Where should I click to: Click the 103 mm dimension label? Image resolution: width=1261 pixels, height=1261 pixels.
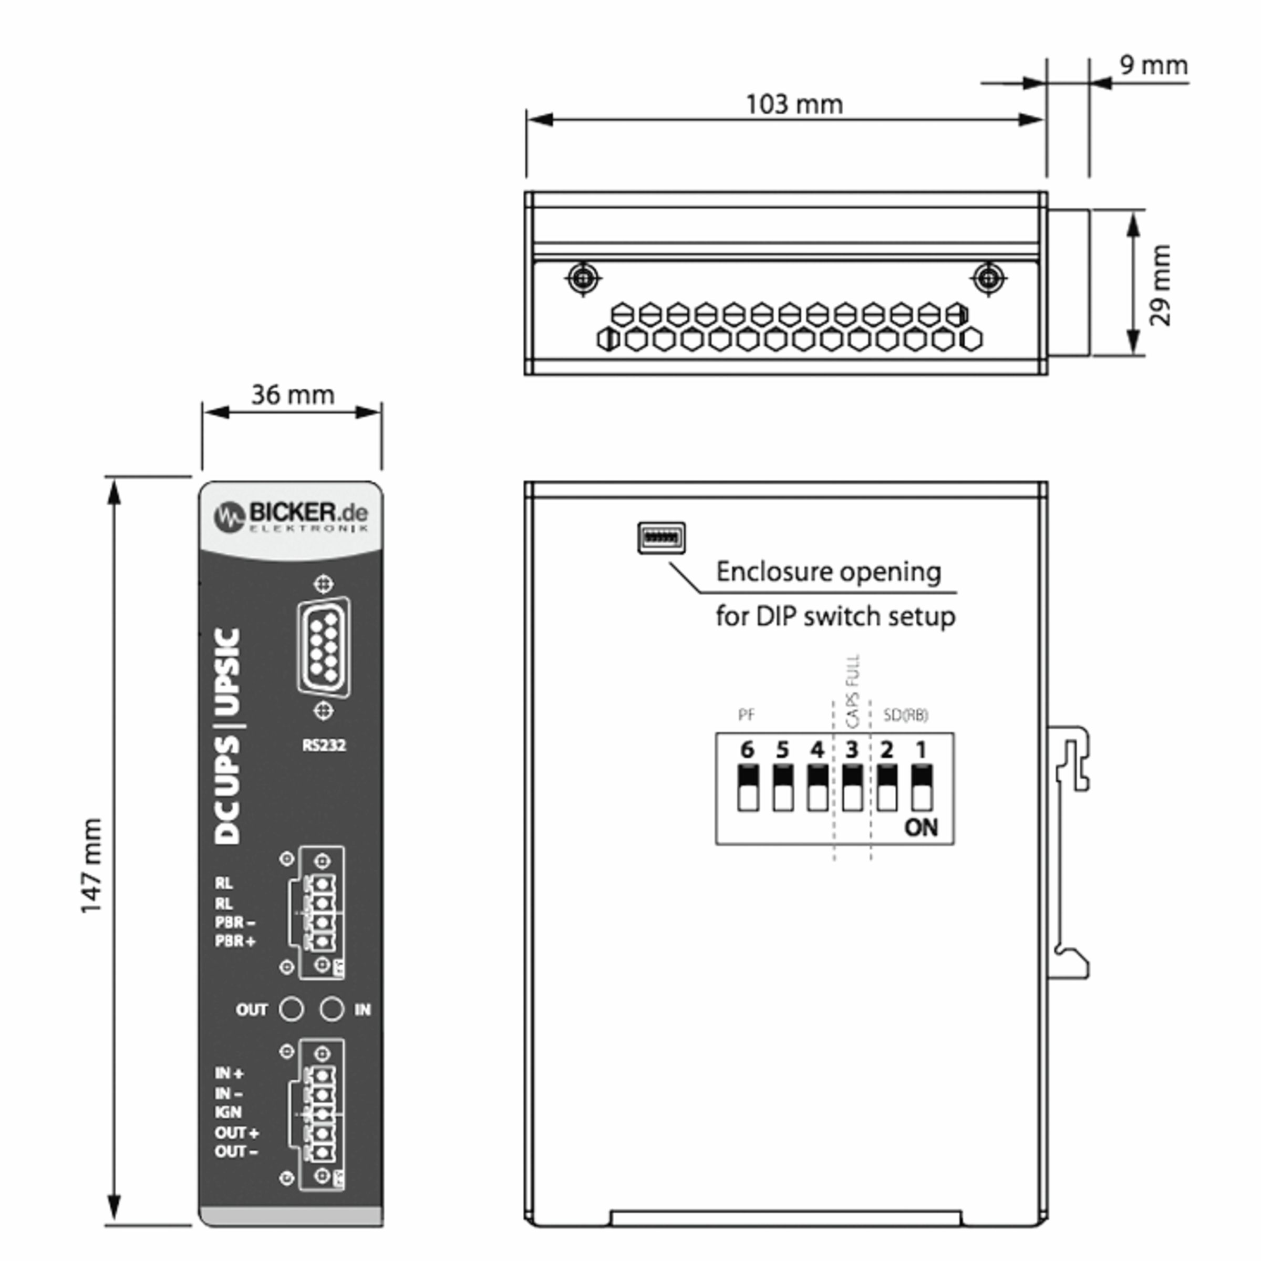click(794, 105)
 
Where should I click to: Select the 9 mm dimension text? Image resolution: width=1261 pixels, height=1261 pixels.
click(1153, 65)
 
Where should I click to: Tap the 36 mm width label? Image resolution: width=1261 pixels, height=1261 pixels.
click(293, 395)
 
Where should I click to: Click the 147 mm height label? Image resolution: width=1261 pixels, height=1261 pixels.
click(92, 865)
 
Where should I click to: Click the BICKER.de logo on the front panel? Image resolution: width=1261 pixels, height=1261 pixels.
click(291, 516)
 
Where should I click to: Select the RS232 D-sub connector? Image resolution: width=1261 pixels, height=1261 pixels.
click(324, 647)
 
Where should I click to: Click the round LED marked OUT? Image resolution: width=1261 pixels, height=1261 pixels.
click(291, 1009)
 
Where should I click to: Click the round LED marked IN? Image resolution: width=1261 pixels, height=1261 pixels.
click(332, 1009)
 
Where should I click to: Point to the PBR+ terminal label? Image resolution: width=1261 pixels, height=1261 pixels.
click(235, 941)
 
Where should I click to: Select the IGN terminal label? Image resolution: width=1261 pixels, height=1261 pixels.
click(229, 1112)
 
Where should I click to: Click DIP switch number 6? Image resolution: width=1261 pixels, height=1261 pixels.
click(748, 788)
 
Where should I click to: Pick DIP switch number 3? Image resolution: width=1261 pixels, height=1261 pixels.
click(852, 788)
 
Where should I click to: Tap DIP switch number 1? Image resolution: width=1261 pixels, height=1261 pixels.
click(922, 788)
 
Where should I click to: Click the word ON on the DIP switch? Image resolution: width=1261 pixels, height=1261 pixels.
click(921, 828)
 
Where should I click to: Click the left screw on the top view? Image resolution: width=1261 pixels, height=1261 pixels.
click(582, 278)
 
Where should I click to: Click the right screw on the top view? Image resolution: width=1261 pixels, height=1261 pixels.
click(988, 278)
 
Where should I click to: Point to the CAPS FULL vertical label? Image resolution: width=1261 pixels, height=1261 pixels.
click(852, 691)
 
